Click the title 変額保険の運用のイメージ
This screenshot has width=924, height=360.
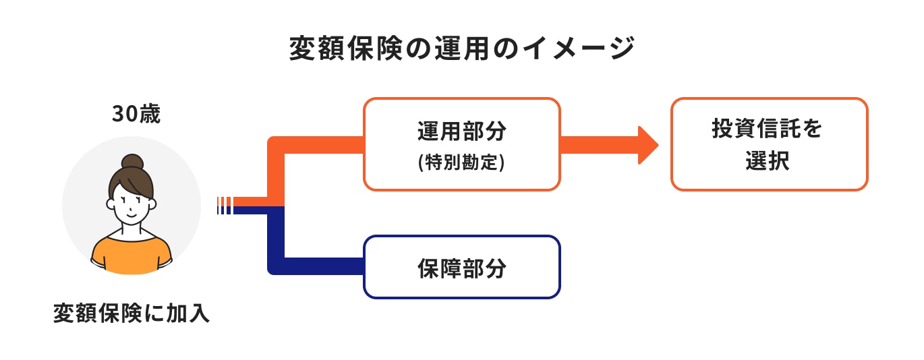(x=461, y=50)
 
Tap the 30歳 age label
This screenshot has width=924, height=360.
(x=136, y=114)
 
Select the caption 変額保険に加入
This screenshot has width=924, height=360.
(x=132, y=313)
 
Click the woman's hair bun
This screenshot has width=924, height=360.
(x=132, y=162)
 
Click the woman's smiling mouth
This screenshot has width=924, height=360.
(x=132, y=214)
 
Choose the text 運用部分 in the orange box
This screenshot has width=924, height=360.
(x=461, y=132)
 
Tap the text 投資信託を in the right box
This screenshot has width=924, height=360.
(x=768, y=129)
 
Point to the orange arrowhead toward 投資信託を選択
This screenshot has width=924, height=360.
(x=648, y=145)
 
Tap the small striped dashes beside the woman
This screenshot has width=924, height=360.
(x=224, y=205)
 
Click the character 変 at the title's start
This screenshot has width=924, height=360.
(x=301, y=50)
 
